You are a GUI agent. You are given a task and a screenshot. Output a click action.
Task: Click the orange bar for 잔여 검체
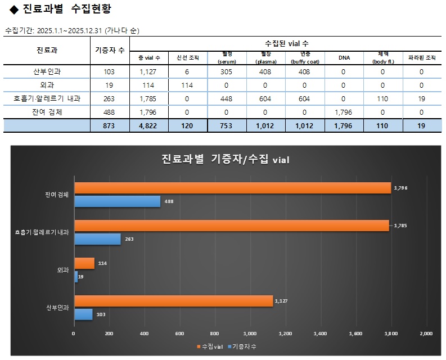pos(232,188)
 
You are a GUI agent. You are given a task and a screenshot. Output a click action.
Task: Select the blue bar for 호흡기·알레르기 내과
pos(98,239)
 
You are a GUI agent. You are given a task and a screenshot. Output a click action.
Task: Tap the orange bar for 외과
pos(84,263)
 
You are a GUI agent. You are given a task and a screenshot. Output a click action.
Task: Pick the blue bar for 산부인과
pos(83,314)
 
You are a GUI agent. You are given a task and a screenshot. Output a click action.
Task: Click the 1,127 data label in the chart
pos(281,301)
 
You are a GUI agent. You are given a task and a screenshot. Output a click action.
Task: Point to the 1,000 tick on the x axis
pos(250,334)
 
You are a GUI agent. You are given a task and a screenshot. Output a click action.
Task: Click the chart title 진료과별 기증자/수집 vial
pos(225,159)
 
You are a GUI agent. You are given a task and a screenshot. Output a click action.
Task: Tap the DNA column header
pos(345,58)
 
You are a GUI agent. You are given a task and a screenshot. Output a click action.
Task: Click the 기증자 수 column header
pos(110,50)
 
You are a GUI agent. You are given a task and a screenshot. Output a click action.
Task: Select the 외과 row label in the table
pos(47,85)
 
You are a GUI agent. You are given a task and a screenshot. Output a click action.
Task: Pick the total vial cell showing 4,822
pos(149,125)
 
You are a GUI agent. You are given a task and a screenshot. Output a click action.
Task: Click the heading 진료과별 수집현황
pos(67,9)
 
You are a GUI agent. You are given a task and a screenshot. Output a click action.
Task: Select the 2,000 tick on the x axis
pos(426,334)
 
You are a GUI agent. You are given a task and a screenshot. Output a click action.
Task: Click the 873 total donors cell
pos(110,125)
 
